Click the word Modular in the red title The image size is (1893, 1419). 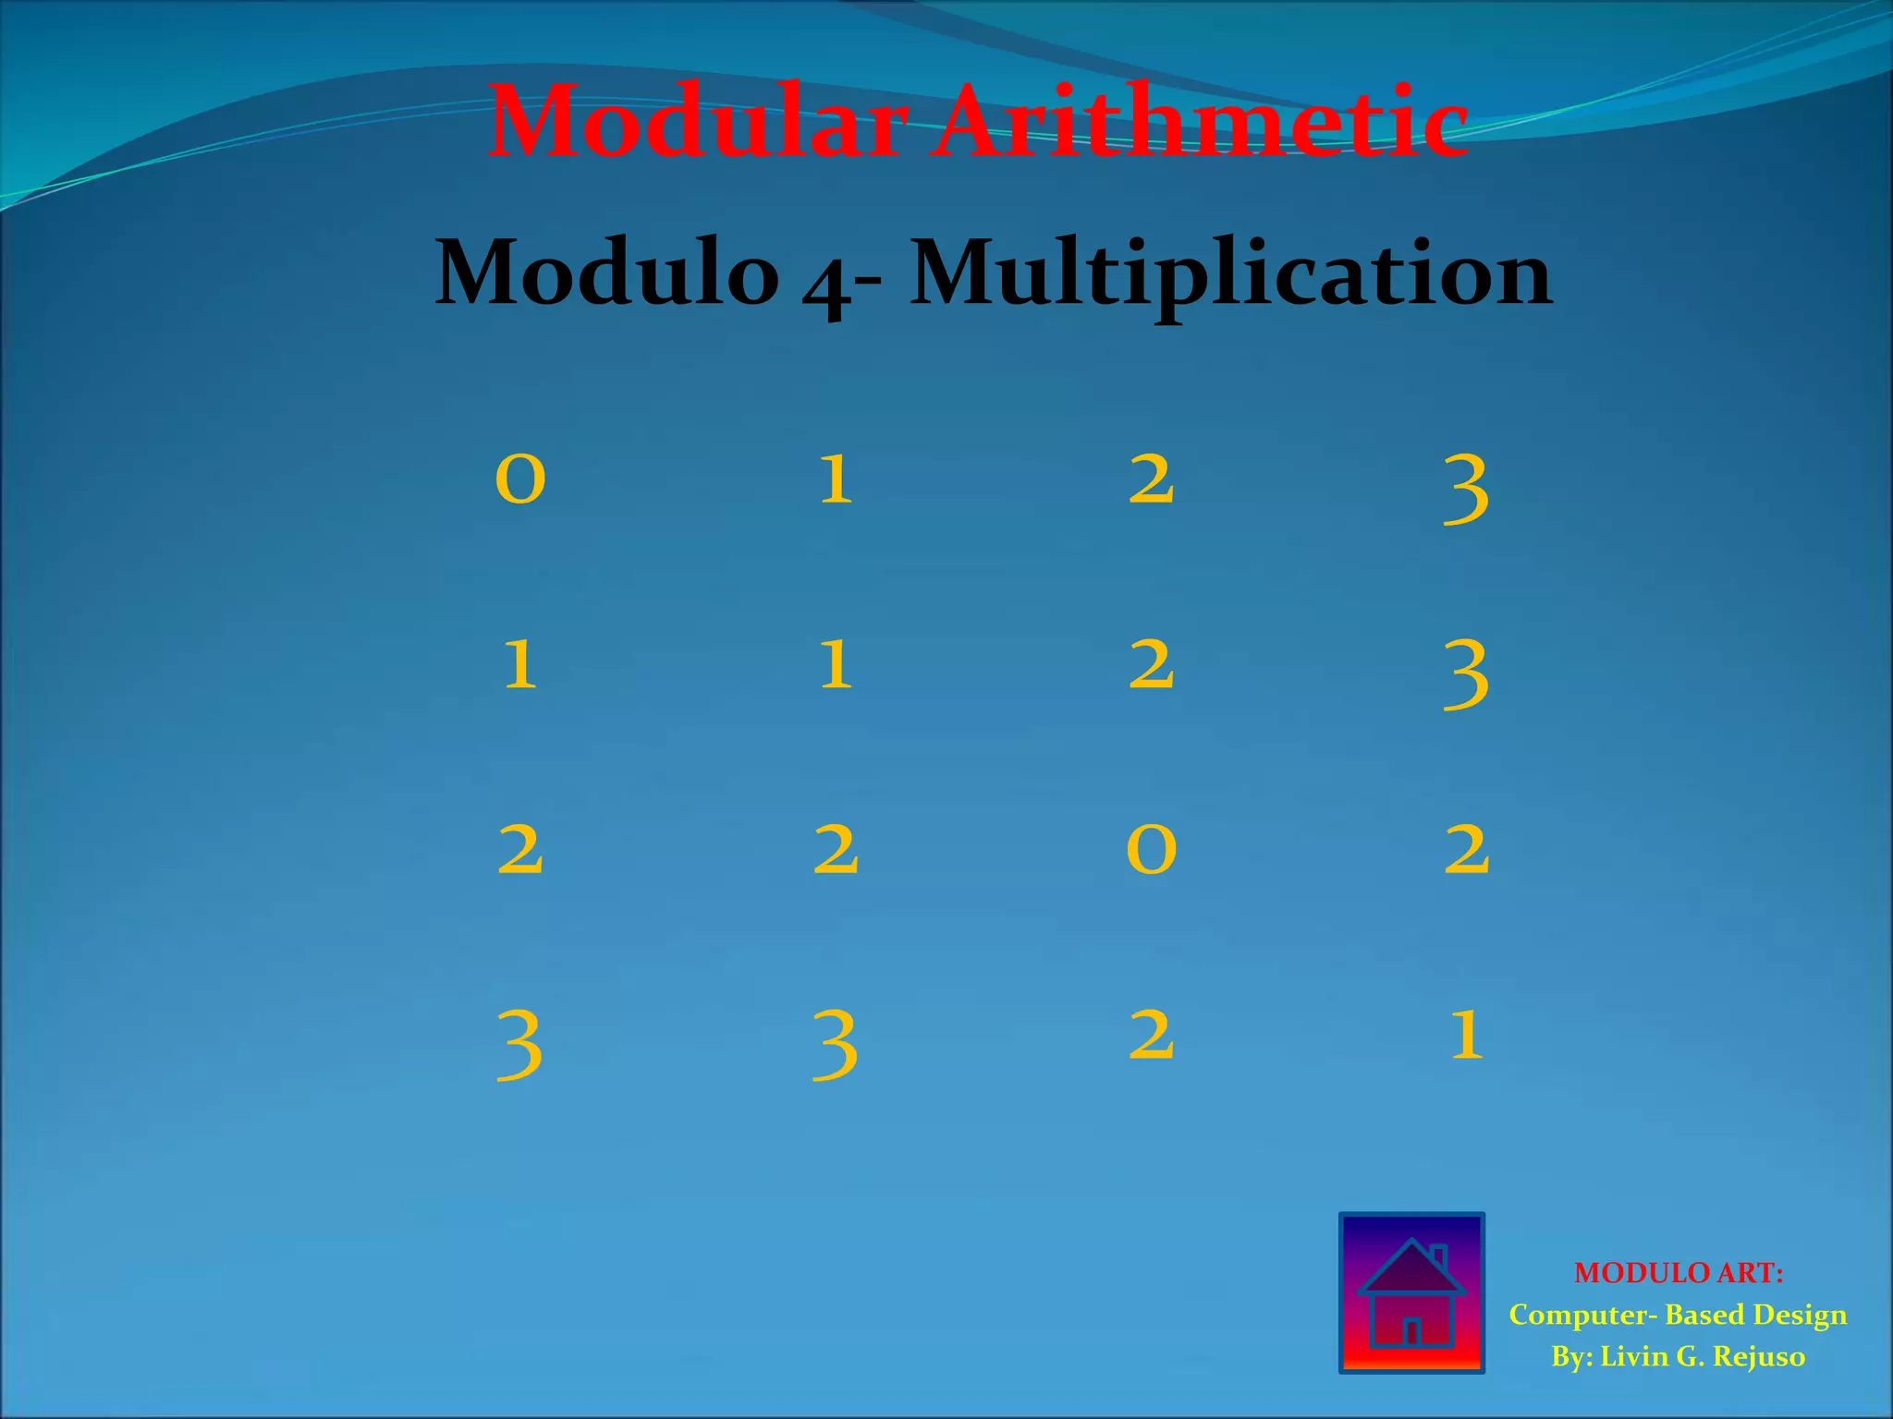pos(698,122)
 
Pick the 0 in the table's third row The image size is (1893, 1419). pos(1151,850)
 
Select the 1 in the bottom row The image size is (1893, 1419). pos(1466,1035)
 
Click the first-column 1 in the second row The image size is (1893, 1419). pos(520,665)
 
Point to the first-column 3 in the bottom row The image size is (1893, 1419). pos(519,1044)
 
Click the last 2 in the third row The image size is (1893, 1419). pos(1466,850)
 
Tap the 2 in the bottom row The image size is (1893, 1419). pos(1151,1035)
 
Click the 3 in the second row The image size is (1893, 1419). pos(1466,674)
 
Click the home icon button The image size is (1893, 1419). pos(1411,1292)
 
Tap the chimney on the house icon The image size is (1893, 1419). pos(1439,1257)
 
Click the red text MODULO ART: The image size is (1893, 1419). pos(1678,1273)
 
